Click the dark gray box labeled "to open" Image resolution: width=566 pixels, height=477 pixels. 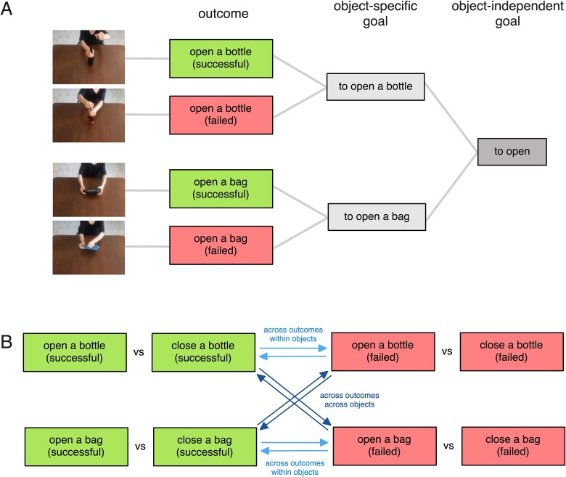[x=512, y=152]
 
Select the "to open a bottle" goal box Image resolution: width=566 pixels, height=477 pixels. [x=375, y=86]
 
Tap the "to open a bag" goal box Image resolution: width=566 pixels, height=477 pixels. [x=377, y=216]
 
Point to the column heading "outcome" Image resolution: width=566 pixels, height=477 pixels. [x=223, y=14]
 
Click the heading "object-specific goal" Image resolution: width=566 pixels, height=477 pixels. [x=375, y=14]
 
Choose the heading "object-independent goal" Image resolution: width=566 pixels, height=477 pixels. [x=507, y=14]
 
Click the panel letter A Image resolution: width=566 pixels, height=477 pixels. [x=7, y=9]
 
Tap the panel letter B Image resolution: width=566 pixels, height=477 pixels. [x=7, y=341]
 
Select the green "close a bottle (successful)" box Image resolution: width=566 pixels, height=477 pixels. [x=203, y=352]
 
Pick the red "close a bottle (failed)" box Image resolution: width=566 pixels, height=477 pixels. [x=512, y=351]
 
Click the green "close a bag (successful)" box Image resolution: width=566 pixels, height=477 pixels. [x=205, y=447]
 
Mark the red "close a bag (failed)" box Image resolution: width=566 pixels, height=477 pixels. [x=513, y=446]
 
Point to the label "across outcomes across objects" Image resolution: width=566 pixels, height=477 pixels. [x=350, y=400]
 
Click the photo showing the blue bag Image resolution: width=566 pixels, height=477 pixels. [x=89, y=248]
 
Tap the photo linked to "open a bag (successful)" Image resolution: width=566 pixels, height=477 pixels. [x=89, y=189]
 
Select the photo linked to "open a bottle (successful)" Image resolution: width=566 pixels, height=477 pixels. [x=89, y=57]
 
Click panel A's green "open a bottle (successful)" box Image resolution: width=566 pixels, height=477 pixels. [x=221, y=59]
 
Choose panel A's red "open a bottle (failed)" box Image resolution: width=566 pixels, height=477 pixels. [x=221, y=115]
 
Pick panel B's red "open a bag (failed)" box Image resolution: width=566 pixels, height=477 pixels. [x=385, y=446]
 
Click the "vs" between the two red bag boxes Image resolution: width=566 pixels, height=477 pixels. [x=448, y=446]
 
